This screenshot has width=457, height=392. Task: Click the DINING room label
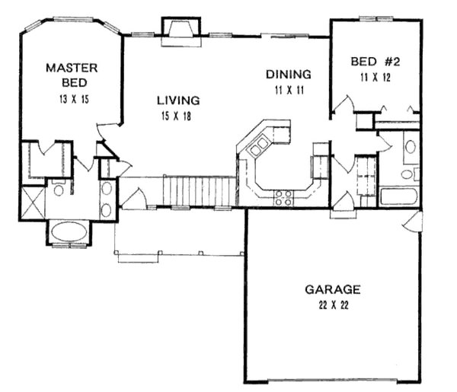coord(288,75)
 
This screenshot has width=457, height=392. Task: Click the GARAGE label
coord(332,289)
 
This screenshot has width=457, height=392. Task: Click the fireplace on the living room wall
coord(181,30)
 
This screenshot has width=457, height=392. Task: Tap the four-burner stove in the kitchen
coord(283,198)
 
